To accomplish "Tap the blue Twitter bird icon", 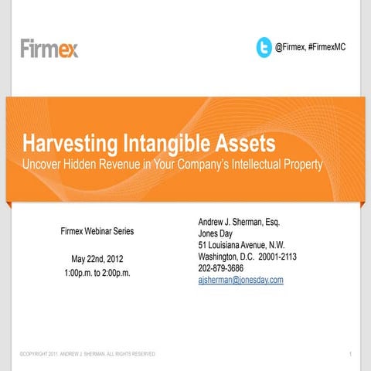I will [x=264, y=47].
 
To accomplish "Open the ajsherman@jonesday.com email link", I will [x=240, y=280].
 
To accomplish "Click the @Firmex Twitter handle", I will [x=290, y=47].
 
